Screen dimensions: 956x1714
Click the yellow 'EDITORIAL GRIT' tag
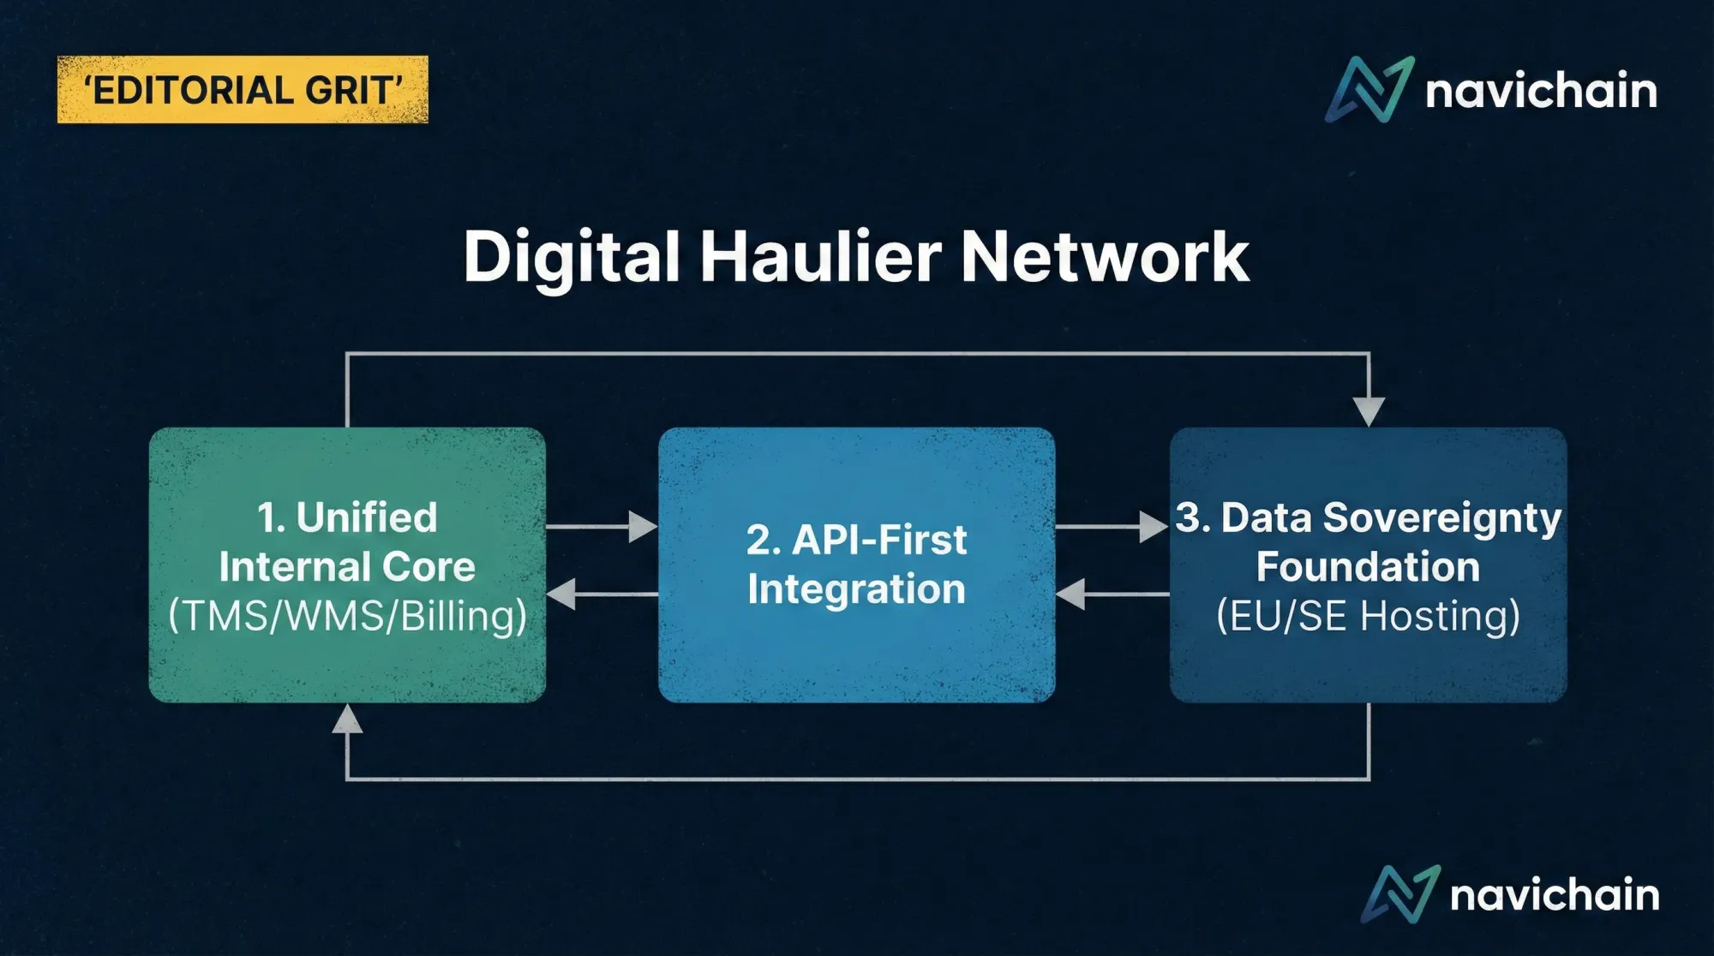[243, 90]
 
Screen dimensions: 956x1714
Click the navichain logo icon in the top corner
[1369, 89]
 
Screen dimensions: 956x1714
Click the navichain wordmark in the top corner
[1541, 91]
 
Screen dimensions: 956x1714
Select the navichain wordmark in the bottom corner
[1555, 895]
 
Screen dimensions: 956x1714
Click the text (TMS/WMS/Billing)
[347, 616]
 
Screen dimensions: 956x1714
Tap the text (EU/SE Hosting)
[1368, 616]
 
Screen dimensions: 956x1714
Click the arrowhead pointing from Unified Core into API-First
[642, 526]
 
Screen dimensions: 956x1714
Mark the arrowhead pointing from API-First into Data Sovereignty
[1154, 526]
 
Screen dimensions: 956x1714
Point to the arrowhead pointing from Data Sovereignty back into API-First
[1071, 594]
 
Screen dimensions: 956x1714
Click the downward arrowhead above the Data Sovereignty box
[1369, 411]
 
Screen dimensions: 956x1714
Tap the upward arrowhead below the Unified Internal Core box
[347, 720]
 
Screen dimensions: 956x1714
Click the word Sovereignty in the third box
[1442, 517]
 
